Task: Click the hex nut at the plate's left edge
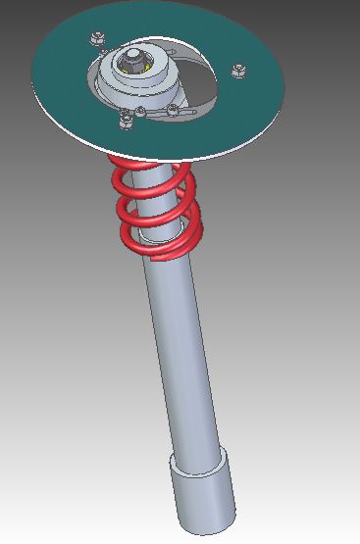[x=97, y=39]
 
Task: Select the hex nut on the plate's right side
[x=238, y=70]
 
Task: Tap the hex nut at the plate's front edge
[x=127, y=119]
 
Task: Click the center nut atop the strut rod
[x=132, y=60]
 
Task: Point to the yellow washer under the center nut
[x=145, y=69]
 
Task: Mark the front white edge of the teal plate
[x=177, y=156]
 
